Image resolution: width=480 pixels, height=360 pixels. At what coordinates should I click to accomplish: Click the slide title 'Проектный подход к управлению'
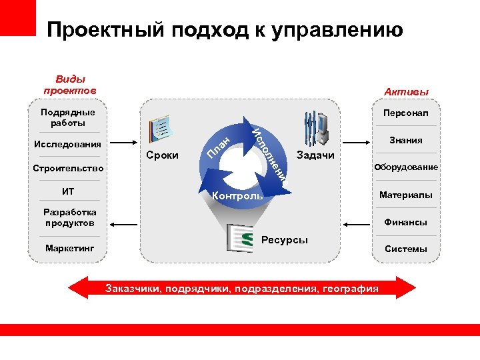(x=225, y=30)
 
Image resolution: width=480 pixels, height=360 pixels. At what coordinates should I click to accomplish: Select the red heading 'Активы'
(x=406, y=91)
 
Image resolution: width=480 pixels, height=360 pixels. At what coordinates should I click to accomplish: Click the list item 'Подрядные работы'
(x=67, y=117)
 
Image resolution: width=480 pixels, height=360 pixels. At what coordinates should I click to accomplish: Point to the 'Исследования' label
(x=67, y=144)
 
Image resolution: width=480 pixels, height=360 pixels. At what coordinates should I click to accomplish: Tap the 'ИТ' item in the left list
(x=68, y=191)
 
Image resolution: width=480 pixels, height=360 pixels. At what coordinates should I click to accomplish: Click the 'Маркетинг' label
(x=70, y=248)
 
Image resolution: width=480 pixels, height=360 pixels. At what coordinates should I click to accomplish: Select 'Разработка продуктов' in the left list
(x=69, y=217)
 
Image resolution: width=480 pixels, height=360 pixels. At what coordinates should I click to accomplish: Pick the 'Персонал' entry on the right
(x=405, y=114)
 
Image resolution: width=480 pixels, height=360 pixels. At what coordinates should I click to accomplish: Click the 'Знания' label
(x=405, y=141)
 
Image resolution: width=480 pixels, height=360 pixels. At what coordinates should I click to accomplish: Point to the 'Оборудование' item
(x=406, y=167)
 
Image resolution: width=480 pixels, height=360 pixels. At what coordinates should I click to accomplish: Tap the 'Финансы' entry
(x=406, y=222)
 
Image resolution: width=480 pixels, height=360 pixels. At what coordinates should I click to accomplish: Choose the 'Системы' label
(x=406, y=249)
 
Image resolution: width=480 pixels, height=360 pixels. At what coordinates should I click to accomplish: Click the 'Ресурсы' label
(x=285, y=239)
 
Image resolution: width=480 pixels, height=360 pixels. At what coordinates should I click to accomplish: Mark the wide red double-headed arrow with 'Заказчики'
(x=242, y=288)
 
